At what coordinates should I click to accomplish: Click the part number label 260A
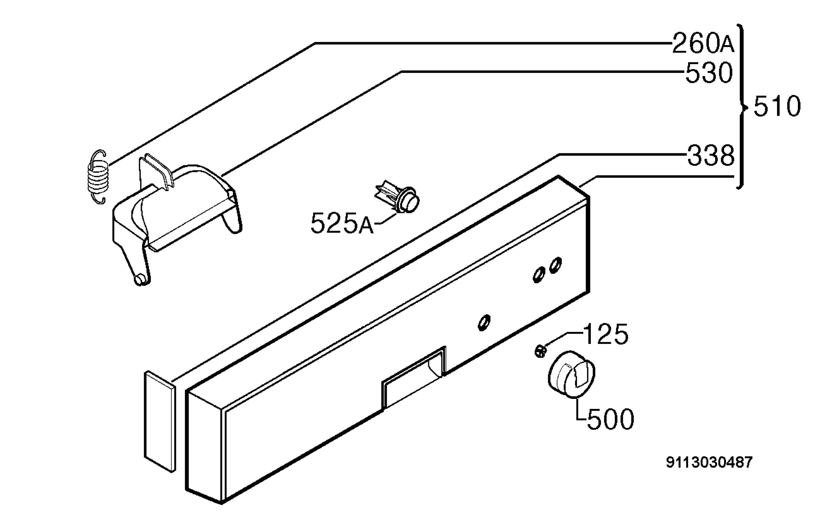[703, 43]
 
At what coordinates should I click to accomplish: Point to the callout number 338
[711, 156]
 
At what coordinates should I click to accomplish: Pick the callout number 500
[610, 419]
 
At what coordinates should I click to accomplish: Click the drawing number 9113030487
[709, 463]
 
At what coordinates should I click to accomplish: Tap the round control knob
[571, 374]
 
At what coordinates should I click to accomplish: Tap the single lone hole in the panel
[484, 323]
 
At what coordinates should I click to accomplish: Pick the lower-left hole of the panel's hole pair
[539, 275]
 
